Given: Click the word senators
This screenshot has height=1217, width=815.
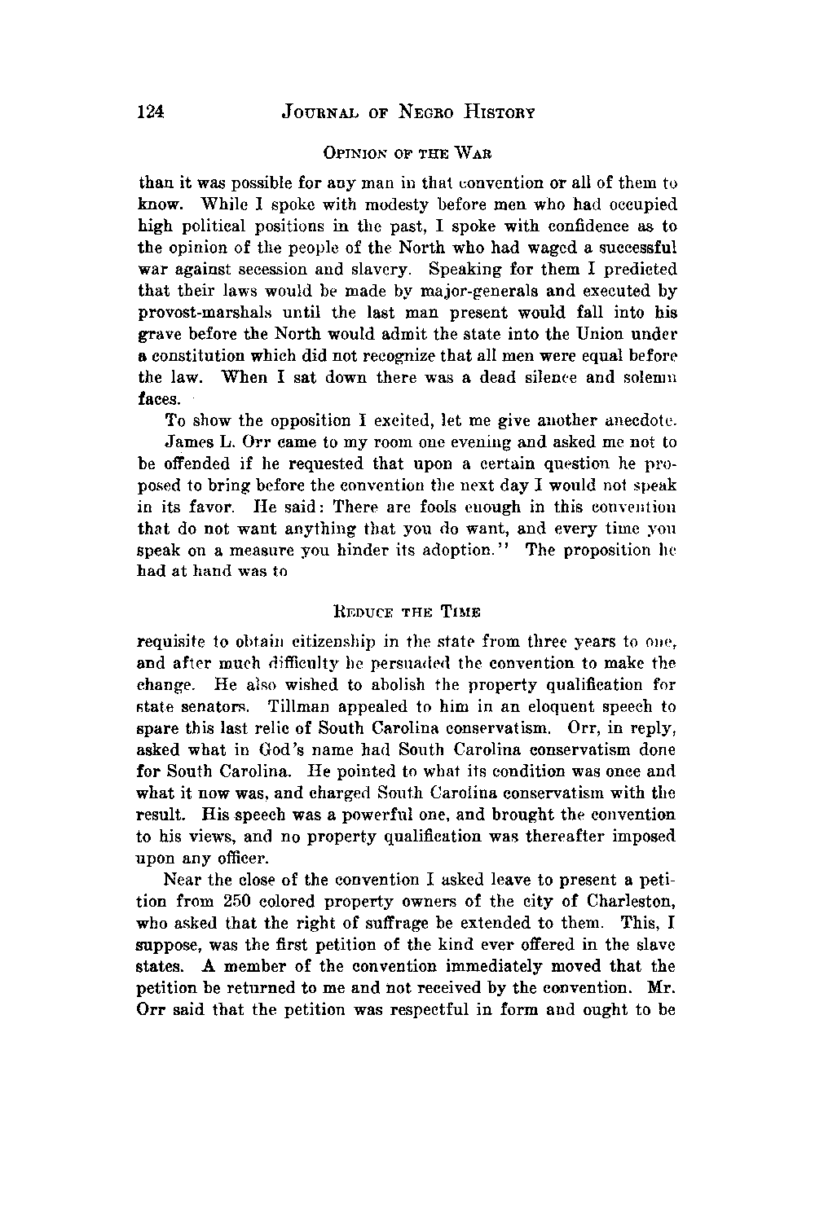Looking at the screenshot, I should point(214,705).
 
